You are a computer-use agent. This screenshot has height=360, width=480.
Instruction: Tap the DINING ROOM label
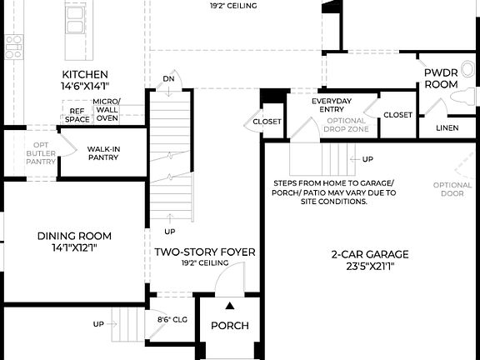(74, 236)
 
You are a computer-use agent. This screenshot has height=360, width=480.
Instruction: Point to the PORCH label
(229, 325)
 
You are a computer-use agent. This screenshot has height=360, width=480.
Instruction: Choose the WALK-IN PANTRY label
(103, 153)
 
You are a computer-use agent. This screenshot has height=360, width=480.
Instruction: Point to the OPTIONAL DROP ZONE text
(339, 126)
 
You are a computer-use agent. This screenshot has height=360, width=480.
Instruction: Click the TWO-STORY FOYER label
(204, 252)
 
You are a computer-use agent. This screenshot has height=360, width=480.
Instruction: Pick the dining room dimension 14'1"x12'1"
(74, 247)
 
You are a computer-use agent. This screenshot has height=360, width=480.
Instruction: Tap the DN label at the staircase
(169, 78)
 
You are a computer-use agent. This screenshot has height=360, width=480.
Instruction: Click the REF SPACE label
(77, 115)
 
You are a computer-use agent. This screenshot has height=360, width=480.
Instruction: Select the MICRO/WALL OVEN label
(107, 110)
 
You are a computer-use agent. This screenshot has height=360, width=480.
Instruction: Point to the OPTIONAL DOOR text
(452, 189)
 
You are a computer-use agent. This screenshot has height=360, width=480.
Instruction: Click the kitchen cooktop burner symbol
(13, 47)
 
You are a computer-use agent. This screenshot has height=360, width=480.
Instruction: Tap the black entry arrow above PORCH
(229, 306)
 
